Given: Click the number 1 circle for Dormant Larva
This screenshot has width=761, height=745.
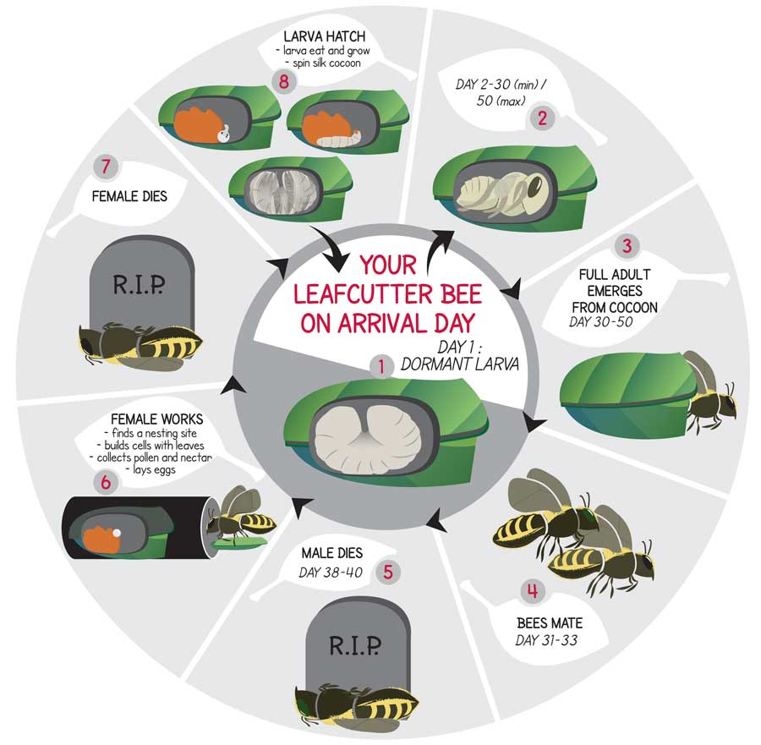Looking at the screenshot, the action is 381,366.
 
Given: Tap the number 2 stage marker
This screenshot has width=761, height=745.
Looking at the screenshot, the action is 542,118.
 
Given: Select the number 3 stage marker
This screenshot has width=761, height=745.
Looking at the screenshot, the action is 627,245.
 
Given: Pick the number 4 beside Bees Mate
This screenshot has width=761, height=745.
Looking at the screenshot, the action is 533,591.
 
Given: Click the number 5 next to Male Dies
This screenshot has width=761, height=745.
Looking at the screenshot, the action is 387,572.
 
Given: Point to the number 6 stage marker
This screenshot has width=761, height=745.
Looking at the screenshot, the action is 106,482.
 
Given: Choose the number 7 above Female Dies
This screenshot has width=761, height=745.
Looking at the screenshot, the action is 106,167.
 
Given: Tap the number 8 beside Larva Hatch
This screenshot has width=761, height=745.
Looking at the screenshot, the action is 284,80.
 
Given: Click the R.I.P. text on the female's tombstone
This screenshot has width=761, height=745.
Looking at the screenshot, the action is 139,284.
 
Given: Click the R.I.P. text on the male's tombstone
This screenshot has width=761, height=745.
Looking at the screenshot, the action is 355,646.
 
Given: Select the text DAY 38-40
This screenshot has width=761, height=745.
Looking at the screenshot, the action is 331,572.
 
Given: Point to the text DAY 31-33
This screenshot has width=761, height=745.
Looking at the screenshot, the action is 546,641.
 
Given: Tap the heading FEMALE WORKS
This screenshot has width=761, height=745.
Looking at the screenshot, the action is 156,419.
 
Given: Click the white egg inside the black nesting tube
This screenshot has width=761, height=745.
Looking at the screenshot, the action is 117,533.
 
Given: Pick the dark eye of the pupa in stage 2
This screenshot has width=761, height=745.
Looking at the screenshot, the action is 535,185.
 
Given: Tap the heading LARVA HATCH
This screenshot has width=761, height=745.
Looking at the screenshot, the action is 324,36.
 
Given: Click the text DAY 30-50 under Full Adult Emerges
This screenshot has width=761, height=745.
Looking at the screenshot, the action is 601,322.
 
